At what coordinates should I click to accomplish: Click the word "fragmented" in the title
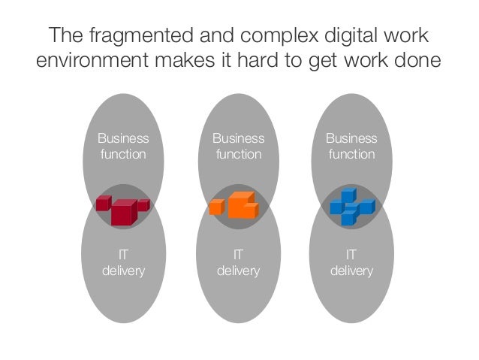(x=129, y=36)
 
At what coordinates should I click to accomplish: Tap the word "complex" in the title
(x=286, y=36)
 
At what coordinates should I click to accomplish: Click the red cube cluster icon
(x=122, y=207)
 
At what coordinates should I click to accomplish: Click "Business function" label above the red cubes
(x=123, y=147)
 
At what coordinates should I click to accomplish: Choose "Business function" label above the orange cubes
(x=238, y=147)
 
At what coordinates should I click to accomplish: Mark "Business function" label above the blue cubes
(x=351, y=147)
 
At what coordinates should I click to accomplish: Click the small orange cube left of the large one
(x=216, y=207)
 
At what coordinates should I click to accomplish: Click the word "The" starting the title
(x=65, y=36)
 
